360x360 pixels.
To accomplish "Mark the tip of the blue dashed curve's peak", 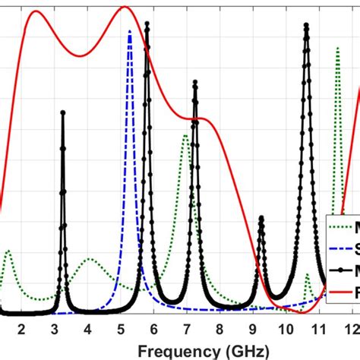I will pos(130,30).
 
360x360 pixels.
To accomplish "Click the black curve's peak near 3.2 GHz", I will pos(62,112).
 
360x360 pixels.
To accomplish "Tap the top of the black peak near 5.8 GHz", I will pos(147,24).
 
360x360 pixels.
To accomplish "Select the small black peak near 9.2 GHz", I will pos(261,219).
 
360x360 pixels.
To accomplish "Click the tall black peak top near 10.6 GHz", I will pos(307,25).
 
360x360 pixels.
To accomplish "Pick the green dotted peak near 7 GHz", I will pos(185,136).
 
